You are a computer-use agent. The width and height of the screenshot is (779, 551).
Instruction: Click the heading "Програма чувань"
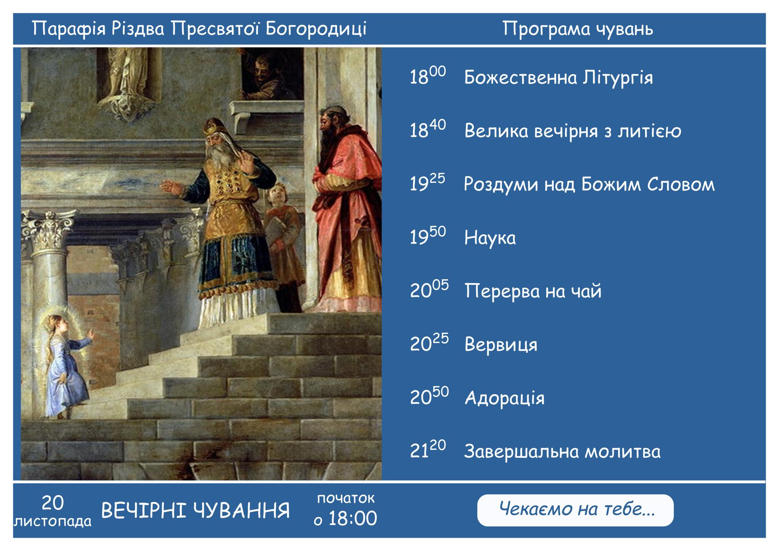(578, 29)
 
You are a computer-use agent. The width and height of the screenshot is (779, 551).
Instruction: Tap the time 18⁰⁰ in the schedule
(428, 76)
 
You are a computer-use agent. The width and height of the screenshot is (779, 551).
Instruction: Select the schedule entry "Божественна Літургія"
(558, 78)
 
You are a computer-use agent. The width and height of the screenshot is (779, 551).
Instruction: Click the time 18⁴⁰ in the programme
(428, 129)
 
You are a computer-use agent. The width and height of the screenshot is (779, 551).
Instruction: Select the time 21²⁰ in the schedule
(428, 450)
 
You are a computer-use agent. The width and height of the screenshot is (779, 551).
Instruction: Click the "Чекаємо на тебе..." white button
(575, 510)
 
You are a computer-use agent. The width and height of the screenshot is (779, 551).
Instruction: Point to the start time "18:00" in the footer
(353, 518)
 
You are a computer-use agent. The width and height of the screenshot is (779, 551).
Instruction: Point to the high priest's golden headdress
(214, 127)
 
